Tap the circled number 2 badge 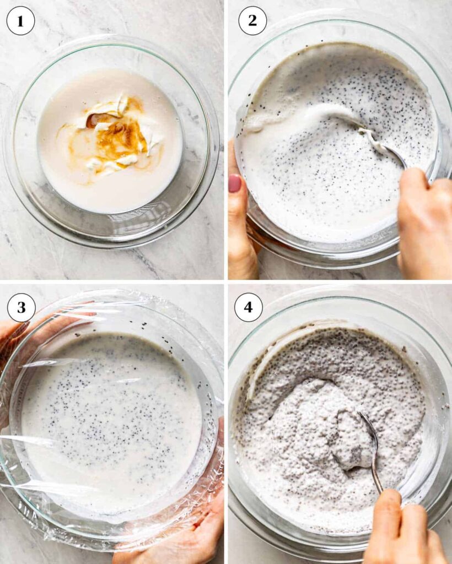(x=252, y=20)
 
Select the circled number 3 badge (x=21, y=307)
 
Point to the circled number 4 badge (x=248, y=307)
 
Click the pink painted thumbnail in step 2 (x=235, y=183)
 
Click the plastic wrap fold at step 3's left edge (x=21, y=442)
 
